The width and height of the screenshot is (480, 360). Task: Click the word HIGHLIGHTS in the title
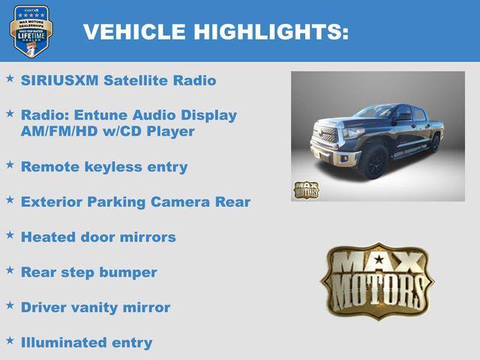coord(271,31)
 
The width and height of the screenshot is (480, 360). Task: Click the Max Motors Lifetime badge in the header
coord(31,31)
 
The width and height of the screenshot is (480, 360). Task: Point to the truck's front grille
coord(328,136)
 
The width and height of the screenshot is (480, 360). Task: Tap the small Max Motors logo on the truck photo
coord(305,190)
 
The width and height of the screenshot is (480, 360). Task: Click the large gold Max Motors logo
coord(377,282)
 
